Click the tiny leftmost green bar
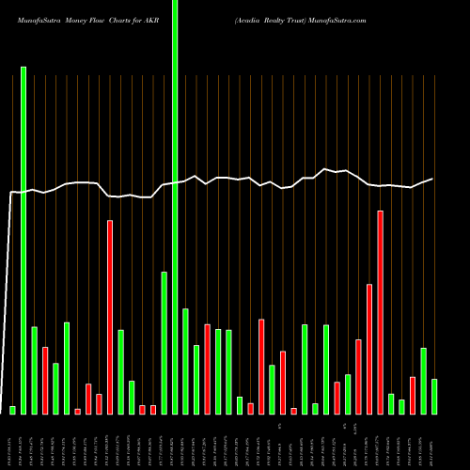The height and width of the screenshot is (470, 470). point(13,410)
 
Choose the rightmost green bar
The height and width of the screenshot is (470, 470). point(434,396)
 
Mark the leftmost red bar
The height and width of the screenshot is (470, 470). point(45,380)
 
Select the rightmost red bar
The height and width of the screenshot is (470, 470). point(413,395)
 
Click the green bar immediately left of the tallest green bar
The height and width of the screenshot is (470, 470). point(164,342)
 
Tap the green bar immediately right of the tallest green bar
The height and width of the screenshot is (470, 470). point(186,361)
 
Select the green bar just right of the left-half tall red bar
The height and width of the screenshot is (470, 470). point(121,371)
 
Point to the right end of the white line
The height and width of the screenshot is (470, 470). point(433,179)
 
